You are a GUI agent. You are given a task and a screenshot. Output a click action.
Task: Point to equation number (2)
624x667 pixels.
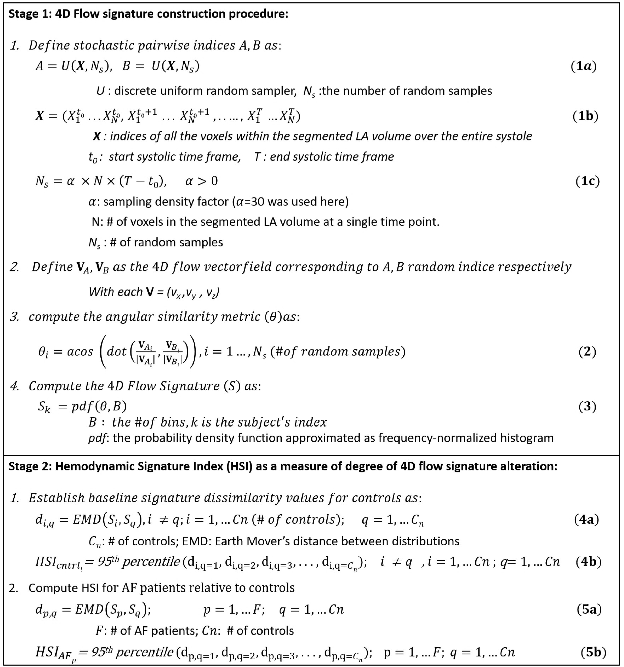point(587,351)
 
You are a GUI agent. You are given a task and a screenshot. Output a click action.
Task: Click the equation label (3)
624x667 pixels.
point(587,406)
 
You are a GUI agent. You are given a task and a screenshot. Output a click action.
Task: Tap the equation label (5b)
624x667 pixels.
point(593,652)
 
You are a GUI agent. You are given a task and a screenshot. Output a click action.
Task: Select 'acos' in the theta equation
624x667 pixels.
point(80,351)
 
